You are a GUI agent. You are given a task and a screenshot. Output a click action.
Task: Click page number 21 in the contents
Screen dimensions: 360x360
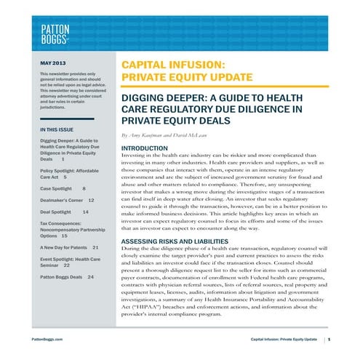click(x=95, y=248)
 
